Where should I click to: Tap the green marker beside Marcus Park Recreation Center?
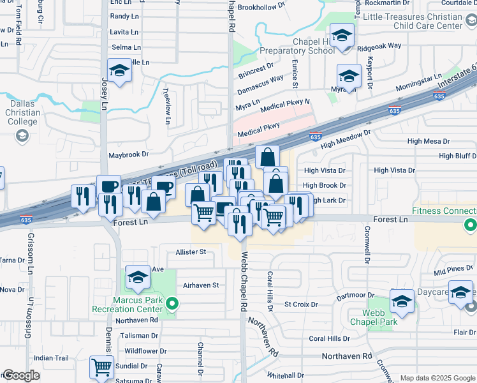pos(171,305)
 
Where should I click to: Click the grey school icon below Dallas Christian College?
pos(22,135)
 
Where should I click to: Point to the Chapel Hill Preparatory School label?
pos(304,47)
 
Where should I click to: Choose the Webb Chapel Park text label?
pos(381,317)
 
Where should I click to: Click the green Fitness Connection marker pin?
pos(470,224)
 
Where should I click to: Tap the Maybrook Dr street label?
pos(128,154)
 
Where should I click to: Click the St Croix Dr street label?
pos(301,304)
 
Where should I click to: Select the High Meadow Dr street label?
pos(346,139)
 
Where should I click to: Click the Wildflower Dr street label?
pos(145,351)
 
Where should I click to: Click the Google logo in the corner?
pos(20,375)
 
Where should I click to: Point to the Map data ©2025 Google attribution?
pos(437,378)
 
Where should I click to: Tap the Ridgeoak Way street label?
pos(379,46)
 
